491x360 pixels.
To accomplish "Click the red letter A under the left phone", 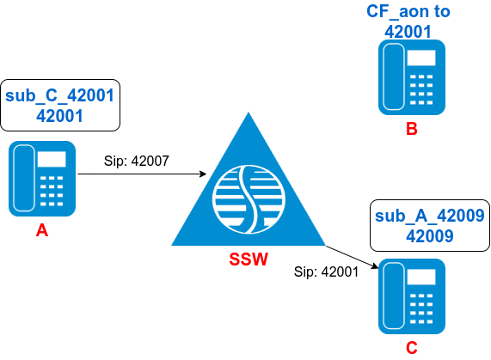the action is pyautogui.click(x=42, y=231).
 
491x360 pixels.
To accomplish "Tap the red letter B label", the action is pyautogui.click(x=412, y=129).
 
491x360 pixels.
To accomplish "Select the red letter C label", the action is pyautogui.click(x=412, y=348).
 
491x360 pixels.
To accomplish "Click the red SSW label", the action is pyautogui.click(x=249, y=259).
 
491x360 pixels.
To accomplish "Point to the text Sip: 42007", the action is pyautogui.click(x=137, y=161).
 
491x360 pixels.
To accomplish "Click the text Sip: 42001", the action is pyautogui.click(x=326, y=272).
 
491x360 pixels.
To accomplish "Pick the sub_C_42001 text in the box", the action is pyautogui.click(x=60, y=95).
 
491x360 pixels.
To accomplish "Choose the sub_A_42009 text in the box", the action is pyautogui.click(x=430, y=216).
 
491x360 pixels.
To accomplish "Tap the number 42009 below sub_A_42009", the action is pyautogui.click(x=430, y=236).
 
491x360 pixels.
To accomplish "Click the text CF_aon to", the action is pyautogui.click(x=408, y=12).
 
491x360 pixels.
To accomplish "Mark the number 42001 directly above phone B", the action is pyautogui.click(x=408, y=32).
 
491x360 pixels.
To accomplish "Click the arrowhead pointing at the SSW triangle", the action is pyautogui.click(x=203, y=174).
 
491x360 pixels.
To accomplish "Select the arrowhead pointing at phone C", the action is pyautogui.click(x=375, y=265).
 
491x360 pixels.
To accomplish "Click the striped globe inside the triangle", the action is pyautogui.click(x=249, y=199).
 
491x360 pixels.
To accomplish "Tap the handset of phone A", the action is pyautogui.click(x=24, y=178).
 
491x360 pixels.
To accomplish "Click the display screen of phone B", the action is pyautogui.click(x=421, y=58).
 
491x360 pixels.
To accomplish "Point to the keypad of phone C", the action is pyautogui.click(x=421, y=308).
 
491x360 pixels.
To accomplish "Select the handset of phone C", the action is pyautogui.click(x=394, y=296).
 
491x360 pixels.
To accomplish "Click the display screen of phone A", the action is pyautogui.click(x=52, y=160).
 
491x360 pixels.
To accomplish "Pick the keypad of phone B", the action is pyautogui.click(x=421, y=89).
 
